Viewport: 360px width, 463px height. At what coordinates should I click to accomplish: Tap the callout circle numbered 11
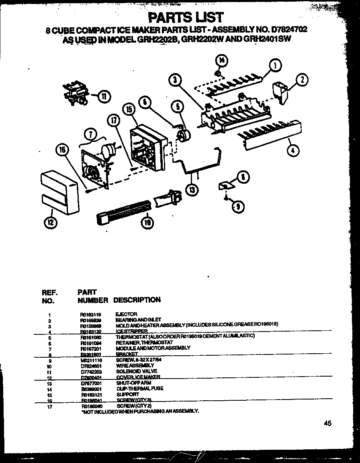[104, 96]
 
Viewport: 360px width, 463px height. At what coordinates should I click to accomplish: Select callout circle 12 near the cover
[51, 221]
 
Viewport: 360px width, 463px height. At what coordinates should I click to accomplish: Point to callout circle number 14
[221, 61]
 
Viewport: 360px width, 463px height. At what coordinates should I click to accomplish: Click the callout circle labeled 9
[238, 206]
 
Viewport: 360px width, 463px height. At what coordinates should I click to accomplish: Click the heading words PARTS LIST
[186, 17]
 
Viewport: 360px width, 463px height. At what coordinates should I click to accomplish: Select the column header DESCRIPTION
[137, 300]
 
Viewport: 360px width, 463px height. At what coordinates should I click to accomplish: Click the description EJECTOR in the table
[126, 314]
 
